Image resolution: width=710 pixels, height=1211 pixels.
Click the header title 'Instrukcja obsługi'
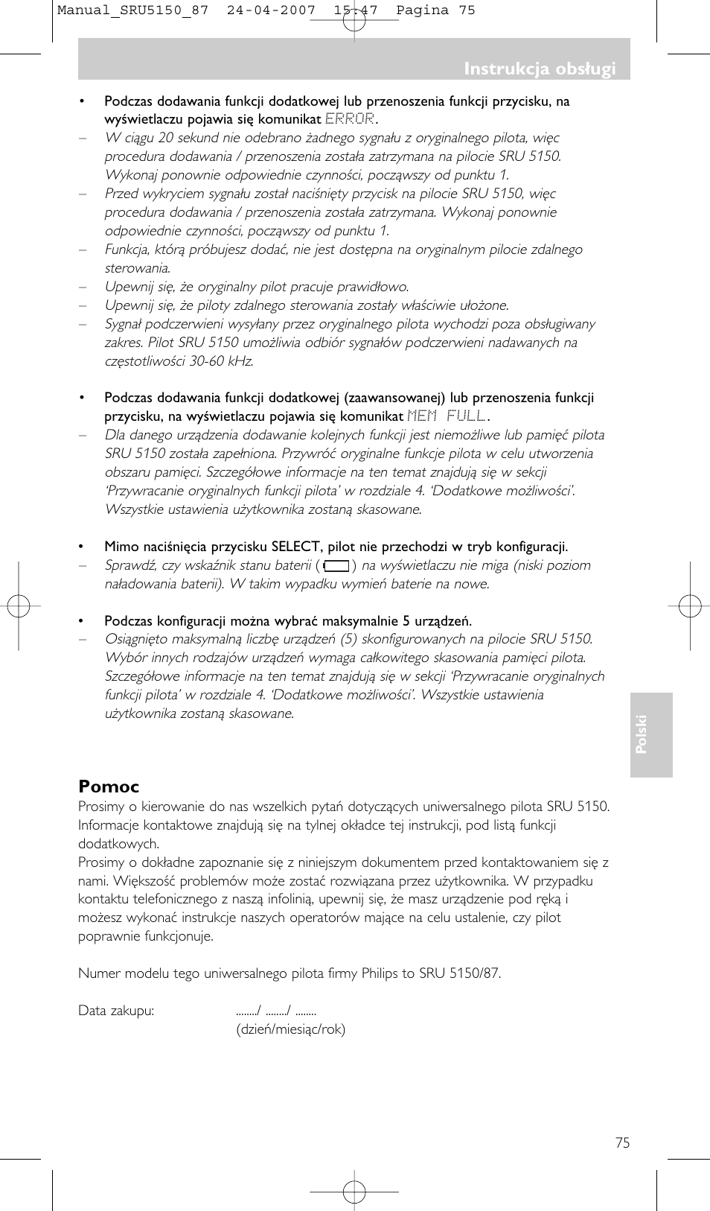[x=540, y=69]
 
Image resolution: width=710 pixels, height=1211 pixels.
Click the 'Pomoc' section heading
[x=109, y=787]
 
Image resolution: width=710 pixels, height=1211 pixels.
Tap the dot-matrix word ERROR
[x=350, y=119]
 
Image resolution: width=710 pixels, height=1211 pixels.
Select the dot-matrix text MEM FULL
[x=447, y=416]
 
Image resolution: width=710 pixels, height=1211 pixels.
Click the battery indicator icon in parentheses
[x=336, y=566]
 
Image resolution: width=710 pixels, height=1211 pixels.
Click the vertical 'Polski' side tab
[x=642, y=734]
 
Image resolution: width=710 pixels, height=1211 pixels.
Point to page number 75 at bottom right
[x=622, y=1143]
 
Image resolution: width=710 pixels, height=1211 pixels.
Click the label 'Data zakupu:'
[x=116, y=1011]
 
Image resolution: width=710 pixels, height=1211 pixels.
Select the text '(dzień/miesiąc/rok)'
[x=290, y=1029]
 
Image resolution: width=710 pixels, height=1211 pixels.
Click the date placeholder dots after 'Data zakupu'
[x=276, y=1011]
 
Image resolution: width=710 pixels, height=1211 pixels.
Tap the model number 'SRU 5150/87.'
[x=459, y=973]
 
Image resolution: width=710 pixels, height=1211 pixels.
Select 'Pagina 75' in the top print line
[x=435, y=10]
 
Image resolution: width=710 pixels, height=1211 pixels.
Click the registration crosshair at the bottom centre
[x=354, y=1192]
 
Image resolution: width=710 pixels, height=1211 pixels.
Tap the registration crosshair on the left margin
[x=19, y=606]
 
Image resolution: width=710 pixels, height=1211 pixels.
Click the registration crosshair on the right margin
[x=690, y=606]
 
